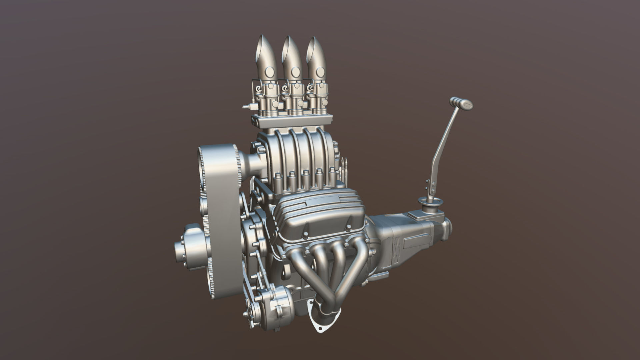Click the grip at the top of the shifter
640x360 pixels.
tap(461, 103)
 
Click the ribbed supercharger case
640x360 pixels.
tap(300, 153)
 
